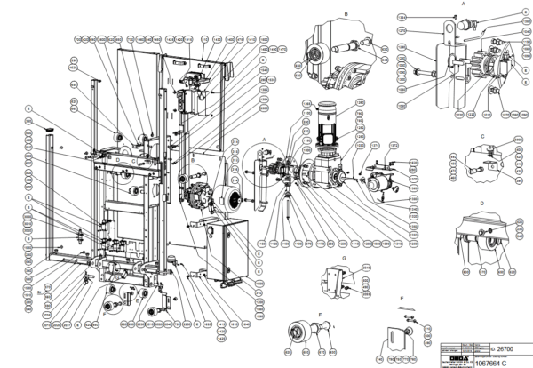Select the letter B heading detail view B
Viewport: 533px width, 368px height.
pyautogui.click(x=345, y=14)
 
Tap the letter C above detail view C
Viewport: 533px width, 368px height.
pyautogui.click(x=481, y=136)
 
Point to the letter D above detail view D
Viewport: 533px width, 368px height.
pyautogui.click(x=481, y=204)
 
